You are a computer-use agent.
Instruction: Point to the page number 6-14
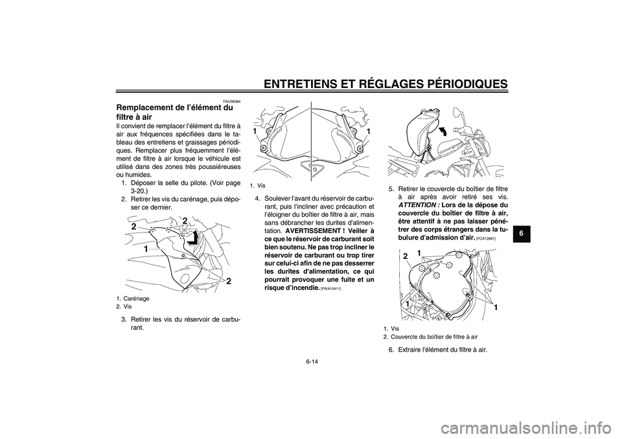click(311, 362)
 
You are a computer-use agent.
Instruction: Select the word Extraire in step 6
click(409, 350)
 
